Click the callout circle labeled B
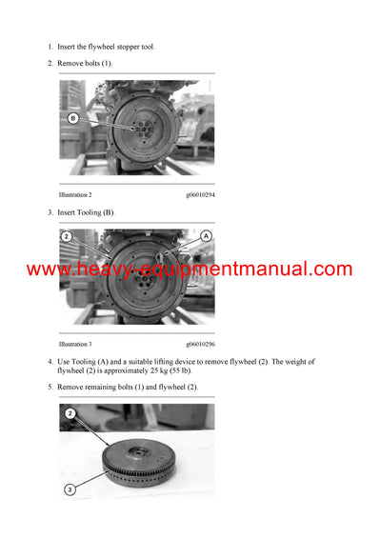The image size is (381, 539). click(x=72, y=118)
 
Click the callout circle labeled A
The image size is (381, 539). click(x=206, y=234)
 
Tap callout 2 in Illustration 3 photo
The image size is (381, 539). click(x=67, y=235)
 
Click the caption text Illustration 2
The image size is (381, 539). click(x=75, y=194)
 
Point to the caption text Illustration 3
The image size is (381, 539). click(x=75, y=343)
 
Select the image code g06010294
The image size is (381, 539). click(x=200, y=194)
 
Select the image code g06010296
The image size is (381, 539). click(x=200, y=343)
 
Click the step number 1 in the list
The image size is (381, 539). click(x=50, y=47)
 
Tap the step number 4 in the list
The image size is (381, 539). click(x=50, y=362)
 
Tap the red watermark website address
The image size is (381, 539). click(x=190, y=269)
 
